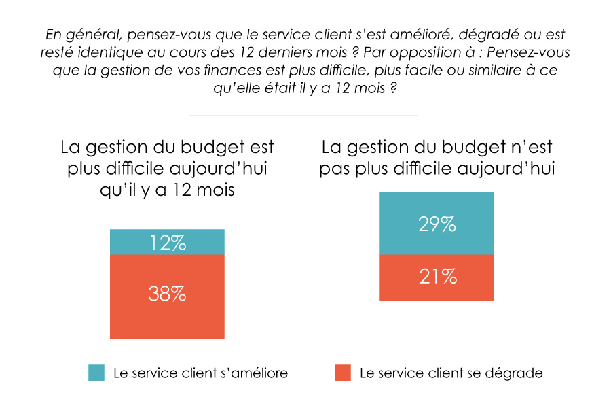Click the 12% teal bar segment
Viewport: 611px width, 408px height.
click(167, 242)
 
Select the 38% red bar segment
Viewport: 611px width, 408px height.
click(167, 296)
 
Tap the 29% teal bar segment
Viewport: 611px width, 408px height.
click(437, 223)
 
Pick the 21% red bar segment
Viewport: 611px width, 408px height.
click(437, 277)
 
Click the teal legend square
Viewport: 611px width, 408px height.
click(96, 373)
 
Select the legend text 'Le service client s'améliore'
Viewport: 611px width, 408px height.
click(200, 373)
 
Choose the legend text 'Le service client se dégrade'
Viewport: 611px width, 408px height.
click(451, 373)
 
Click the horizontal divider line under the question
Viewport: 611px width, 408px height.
click(303, 116)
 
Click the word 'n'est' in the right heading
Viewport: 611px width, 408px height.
click(534, 147)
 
